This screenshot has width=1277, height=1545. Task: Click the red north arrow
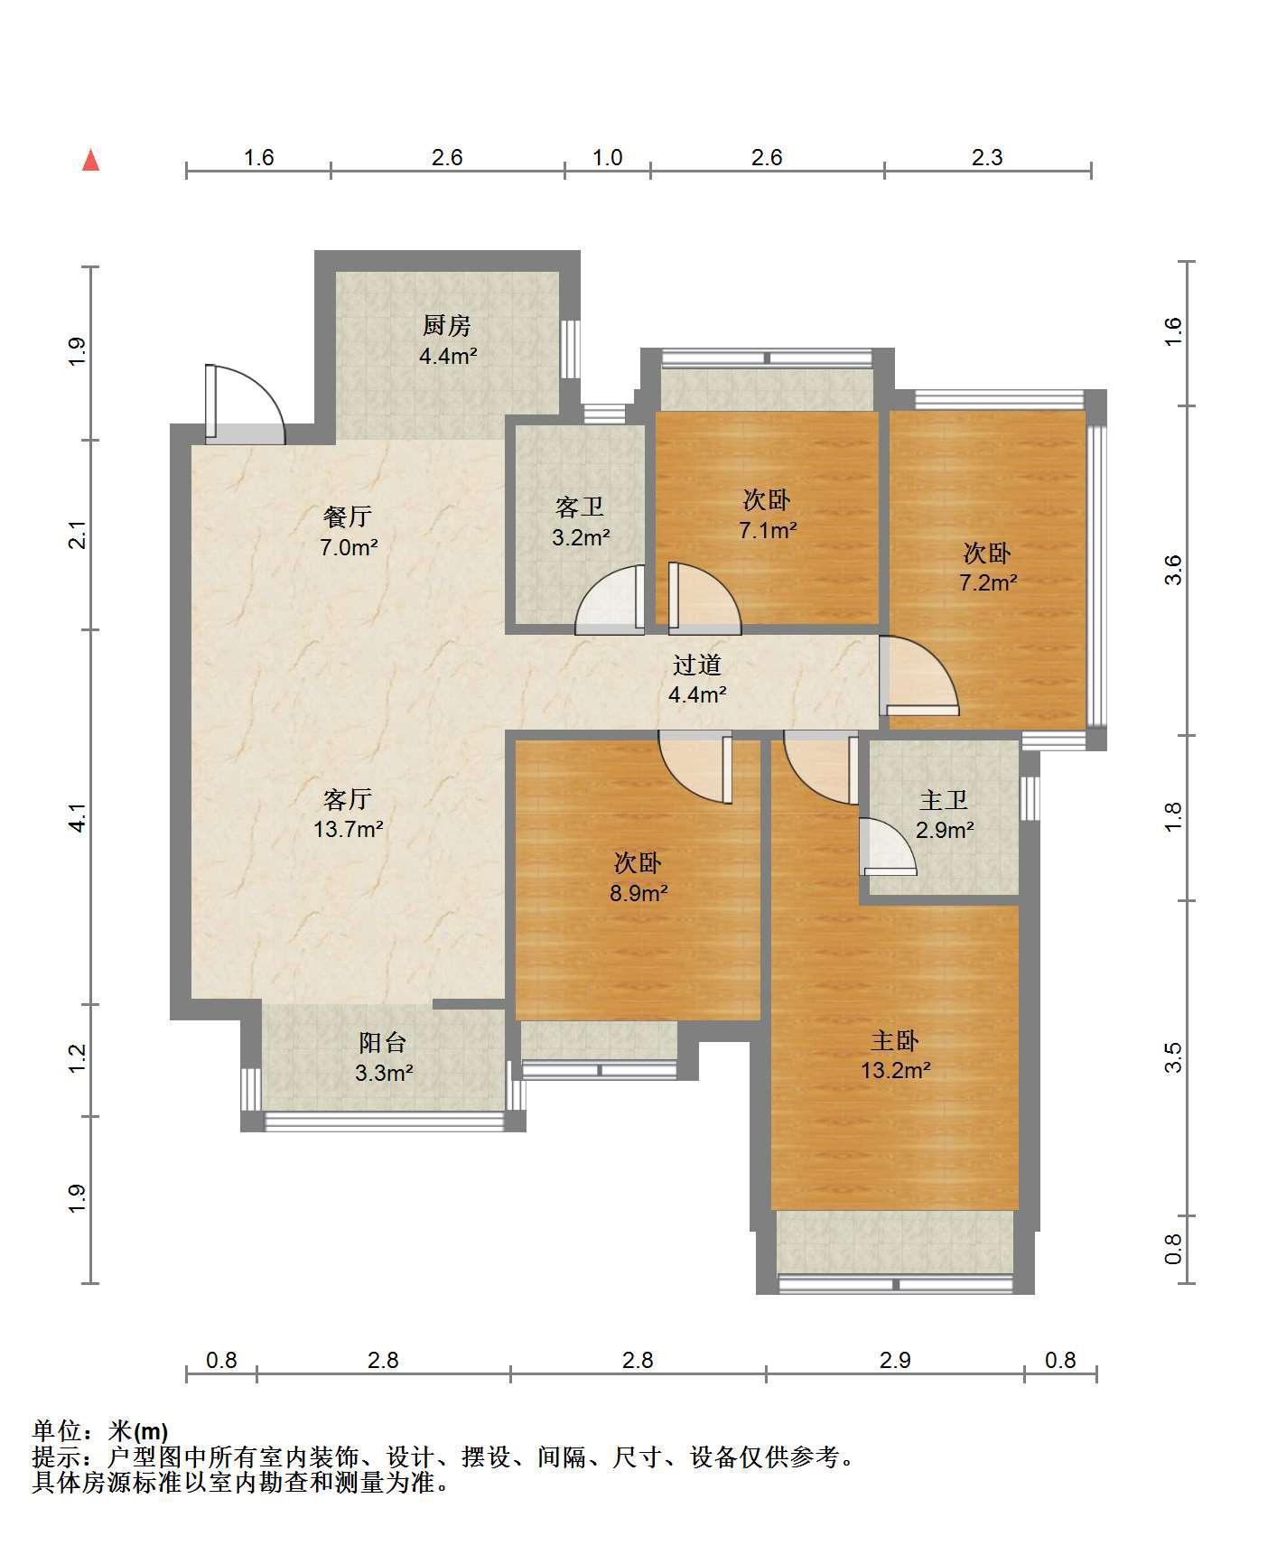90,161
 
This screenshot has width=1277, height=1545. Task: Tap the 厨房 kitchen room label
447,325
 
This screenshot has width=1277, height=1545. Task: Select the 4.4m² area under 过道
697,694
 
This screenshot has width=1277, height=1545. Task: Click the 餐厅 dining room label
348,517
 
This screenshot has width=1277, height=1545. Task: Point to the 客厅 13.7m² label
348,813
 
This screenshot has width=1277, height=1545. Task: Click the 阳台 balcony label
383,1043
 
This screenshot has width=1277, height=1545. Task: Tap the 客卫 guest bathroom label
580,507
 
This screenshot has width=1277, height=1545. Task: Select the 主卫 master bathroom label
944,800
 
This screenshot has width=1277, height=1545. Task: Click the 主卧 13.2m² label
895,1056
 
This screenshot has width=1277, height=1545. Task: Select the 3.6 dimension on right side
1172,571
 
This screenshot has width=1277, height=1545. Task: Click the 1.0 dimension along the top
608,158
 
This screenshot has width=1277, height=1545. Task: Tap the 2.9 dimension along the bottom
895,1360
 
